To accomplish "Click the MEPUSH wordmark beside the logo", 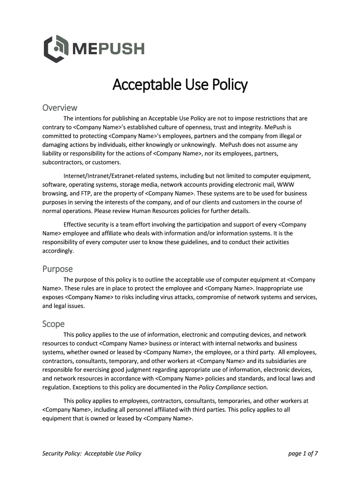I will point(108,49).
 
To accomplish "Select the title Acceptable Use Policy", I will point(180,85).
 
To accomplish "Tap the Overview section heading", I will point(59,108).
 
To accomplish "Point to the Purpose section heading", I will point(58,269).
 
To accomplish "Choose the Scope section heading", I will point(53,324).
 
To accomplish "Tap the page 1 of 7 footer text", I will point(303,453).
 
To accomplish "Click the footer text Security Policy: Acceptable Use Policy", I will point(92,453).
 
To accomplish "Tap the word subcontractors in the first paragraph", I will point(61,162).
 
